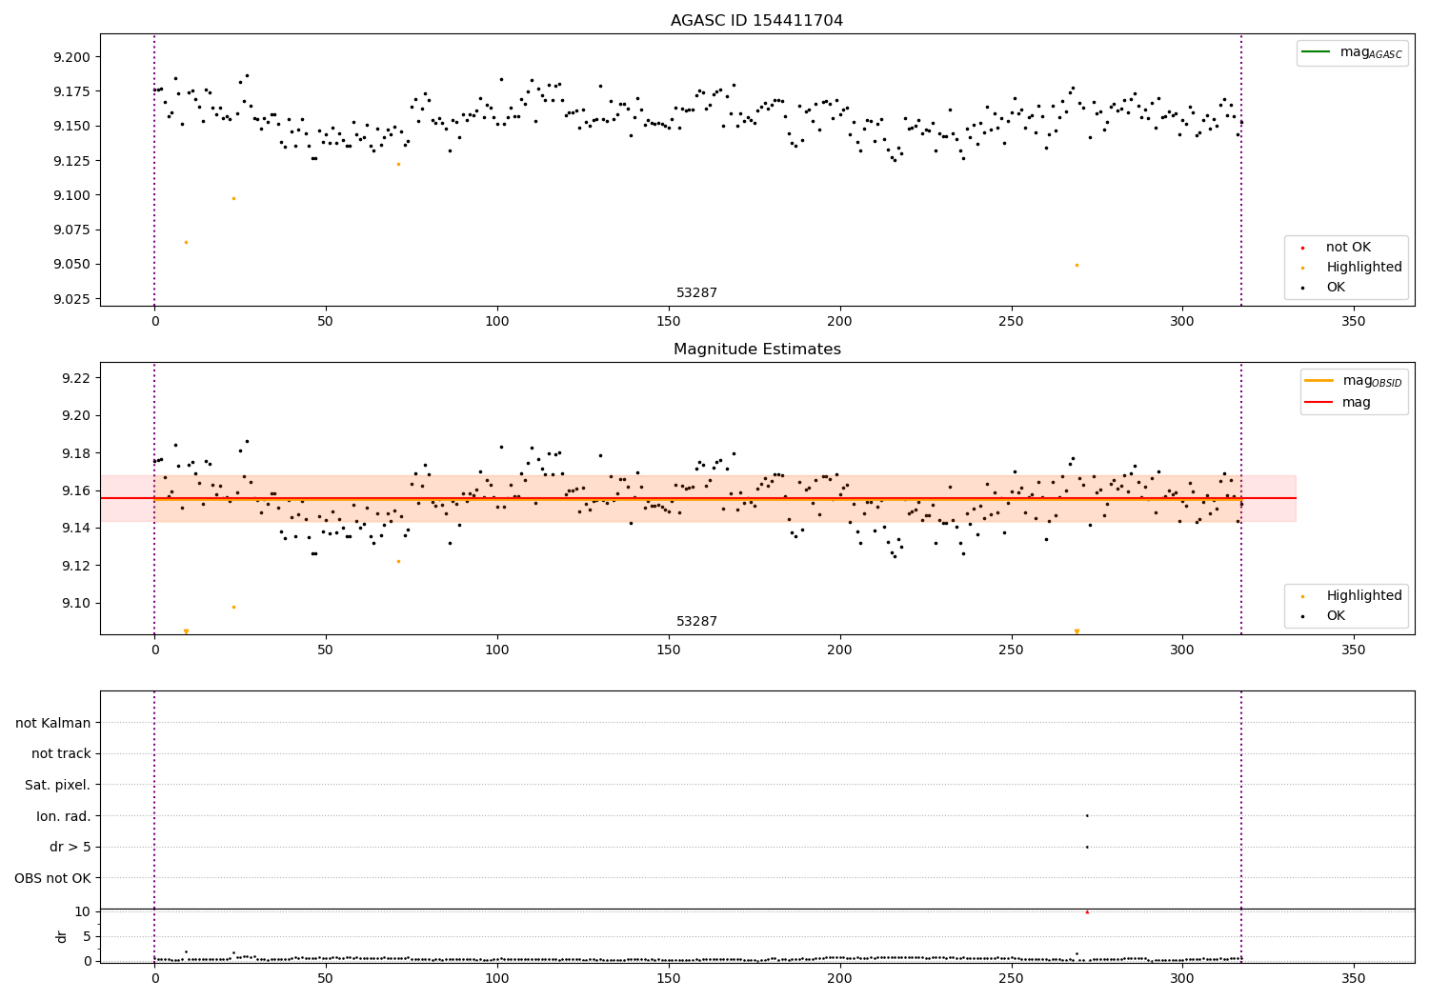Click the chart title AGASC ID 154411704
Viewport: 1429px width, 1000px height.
[756, 21]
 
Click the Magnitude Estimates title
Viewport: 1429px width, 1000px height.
[756, 350]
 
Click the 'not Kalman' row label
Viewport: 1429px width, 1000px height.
[53, 723]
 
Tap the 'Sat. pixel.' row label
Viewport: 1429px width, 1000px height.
[57, 785]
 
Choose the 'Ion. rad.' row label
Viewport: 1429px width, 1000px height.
[63, 816]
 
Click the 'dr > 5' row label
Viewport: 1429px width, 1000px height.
[70, 847]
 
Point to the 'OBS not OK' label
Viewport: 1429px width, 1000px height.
[52, 878]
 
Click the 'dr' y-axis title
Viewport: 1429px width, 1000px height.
[62, 936]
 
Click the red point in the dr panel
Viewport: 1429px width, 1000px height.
[1087, 912]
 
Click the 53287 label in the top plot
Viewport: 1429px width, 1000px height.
[696, 293]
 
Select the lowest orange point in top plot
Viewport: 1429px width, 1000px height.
[1077, 265]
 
